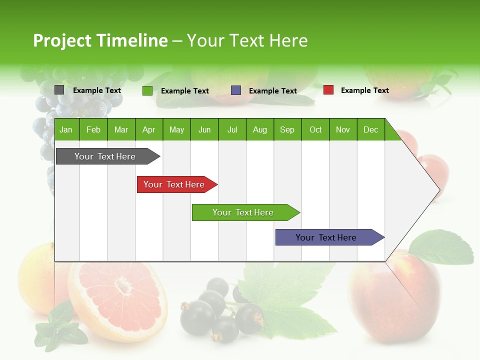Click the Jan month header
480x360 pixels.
[66, 129]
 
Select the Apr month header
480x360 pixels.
[148, 129]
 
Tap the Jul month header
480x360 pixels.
[232, 129]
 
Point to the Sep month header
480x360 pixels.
[287, 129]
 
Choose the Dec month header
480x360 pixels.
[370, 129]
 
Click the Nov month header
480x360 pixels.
[343, 129]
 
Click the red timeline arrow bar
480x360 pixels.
[175, 184]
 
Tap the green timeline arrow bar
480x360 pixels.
[243, 212]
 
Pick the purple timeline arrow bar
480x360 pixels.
[327, 237]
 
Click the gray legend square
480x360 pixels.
[59, 90]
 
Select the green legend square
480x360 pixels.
[147, 90]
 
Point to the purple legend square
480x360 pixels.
[236, 90]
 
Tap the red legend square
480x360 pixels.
[328, 90]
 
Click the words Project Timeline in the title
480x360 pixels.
[100, 40]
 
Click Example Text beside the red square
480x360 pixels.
[364, 90]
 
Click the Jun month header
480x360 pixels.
[204, 129]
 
